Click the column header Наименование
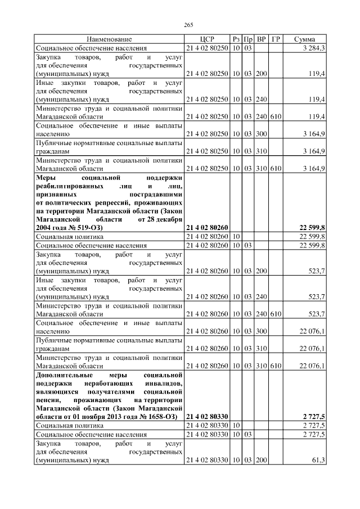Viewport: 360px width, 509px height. [109, 39]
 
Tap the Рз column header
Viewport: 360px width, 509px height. [236, 39]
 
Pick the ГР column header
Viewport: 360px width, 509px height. [276, 39]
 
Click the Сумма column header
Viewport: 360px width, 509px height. [304, 39]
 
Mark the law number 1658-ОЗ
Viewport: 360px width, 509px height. [158, 417]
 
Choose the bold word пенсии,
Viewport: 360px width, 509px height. [50, 400]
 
